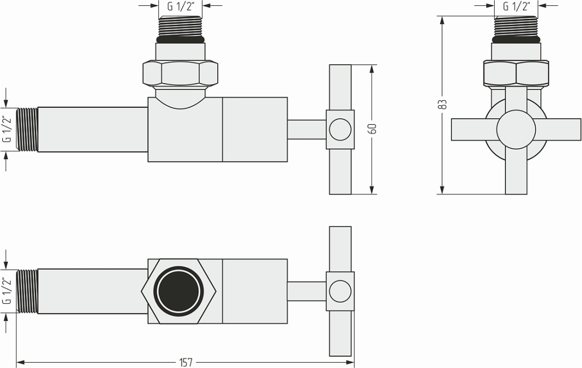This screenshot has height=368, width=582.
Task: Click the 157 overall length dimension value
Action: (185, 362)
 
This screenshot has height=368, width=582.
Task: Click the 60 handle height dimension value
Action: (372, 129)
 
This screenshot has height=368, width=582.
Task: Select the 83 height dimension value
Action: (443, 104)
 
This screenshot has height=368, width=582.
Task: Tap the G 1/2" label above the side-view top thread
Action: (181, 6)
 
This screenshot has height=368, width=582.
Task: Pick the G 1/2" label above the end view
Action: (516, 6)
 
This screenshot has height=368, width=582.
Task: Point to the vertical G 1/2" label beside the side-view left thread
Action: (7, 129)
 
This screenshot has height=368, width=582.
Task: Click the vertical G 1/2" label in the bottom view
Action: (7, 291)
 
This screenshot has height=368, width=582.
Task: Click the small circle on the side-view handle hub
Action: (339, 130)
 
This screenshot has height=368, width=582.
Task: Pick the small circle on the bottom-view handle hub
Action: (339, 291)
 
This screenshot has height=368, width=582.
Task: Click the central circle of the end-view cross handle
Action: (516, 130)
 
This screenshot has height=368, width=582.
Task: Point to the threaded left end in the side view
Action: (27, 129)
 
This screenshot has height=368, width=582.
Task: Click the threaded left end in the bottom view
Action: (27, 291)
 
